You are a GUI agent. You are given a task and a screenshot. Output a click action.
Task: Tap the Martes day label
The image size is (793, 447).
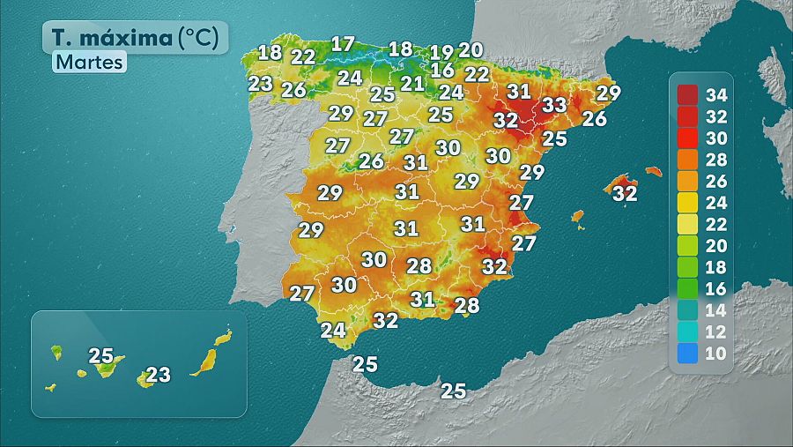89,63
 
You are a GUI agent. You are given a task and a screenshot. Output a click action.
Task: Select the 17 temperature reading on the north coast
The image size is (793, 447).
342,44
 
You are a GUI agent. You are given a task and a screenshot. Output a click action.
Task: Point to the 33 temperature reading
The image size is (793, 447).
553,104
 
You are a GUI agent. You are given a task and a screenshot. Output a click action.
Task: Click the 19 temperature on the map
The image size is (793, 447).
442,53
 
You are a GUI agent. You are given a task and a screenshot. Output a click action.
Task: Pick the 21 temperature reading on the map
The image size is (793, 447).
412,84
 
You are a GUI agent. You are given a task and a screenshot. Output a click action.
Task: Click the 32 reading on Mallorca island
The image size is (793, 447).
625,192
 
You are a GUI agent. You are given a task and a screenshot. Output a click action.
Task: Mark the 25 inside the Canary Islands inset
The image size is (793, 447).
101,356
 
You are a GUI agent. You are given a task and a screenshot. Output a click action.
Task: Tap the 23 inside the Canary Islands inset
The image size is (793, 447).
158,376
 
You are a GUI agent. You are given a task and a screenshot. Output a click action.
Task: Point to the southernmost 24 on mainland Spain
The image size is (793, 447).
333,331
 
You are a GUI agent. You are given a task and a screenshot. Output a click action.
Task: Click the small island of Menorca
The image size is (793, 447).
653,171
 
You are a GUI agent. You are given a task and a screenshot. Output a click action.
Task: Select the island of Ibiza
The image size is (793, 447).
578,216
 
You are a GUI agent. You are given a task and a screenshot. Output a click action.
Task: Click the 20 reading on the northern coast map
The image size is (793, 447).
471,50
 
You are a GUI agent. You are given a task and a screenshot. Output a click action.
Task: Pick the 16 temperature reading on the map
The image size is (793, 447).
442,71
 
